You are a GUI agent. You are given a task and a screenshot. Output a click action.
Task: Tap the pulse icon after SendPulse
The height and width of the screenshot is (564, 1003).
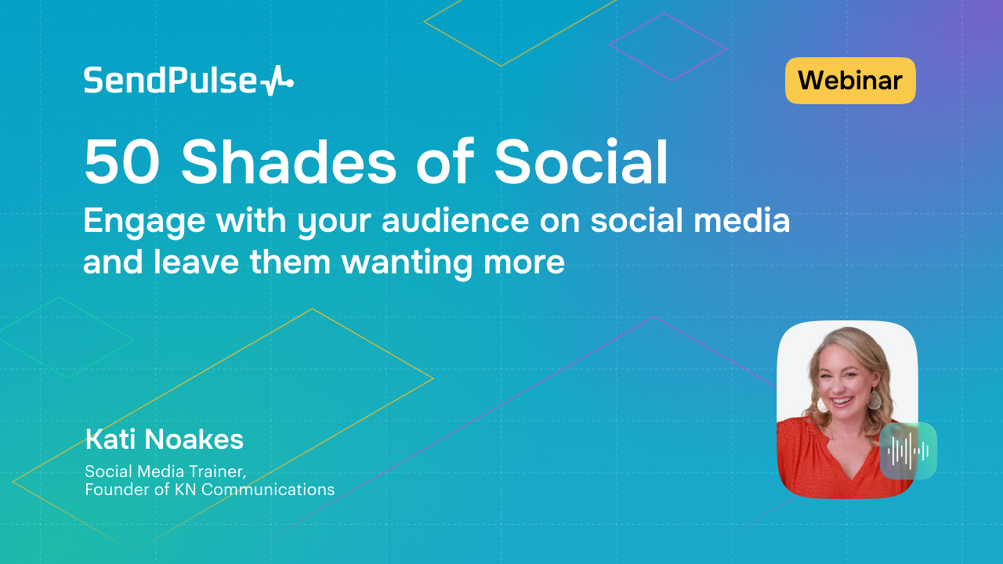click(277, 81)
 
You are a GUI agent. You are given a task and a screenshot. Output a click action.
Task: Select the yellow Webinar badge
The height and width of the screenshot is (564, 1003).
click(850, 80)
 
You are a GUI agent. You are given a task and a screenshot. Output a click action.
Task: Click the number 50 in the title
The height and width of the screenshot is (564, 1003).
click(117, 163)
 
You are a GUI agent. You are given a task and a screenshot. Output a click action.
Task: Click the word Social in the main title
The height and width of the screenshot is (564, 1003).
click(581, 163)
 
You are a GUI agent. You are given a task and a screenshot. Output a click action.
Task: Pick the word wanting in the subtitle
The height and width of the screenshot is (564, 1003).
click(407, 263)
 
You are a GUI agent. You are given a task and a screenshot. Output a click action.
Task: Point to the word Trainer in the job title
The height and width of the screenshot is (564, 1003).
click(228, 472)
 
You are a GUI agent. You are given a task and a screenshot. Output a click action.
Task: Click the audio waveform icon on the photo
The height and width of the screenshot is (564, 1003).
click(908, 450)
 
